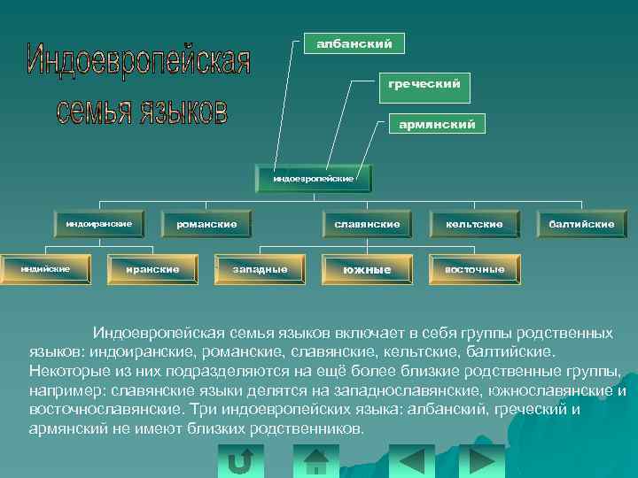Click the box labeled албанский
coord(348,42)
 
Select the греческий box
coord(424,85)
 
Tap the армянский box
coord(437,125)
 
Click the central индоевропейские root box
coord(313,179)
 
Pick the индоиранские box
coord(99,224)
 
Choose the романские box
coord(206,225)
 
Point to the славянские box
coord(367,225)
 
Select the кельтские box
coord(474,225)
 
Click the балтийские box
coord(581,225)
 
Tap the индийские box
coord(45,268)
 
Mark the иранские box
coord(152,269)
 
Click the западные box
coord(260,269)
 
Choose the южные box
coord(367,269)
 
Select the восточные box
coord(474,269)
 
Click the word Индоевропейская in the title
coord(139,60)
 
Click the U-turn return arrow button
coord(240,460)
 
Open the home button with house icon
coord(316,460)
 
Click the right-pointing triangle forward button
coord(481,460)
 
